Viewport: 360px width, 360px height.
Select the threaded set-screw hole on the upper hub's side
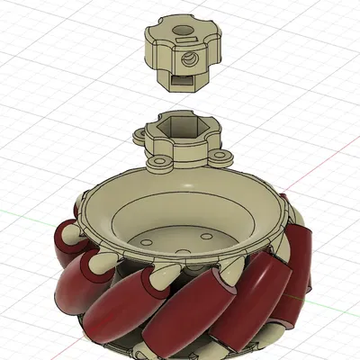pos(190,61)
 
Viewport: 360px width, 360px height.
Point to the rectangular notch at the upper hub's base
pos(180,80)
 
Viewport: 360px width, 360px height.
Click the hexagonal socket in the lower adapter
pos(184,134)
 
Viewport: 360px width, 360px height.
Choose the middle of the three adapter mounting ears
pos(160,164)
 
